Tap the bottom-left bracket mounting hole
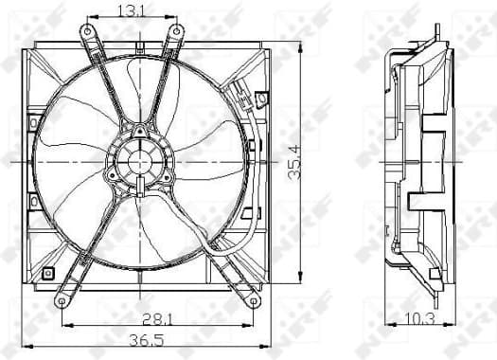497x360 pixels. tap(62, 300)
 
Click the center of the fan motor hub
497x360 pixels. tap(139, 162)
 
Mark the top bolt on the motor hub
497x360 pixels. tap(140, 132)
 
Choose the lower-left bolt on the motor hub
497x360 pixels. tap(113, 177)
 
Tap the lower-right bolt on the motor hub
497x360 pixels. tap(167, 177)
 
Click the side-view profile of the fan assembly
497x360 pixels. tap(417, 161)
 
